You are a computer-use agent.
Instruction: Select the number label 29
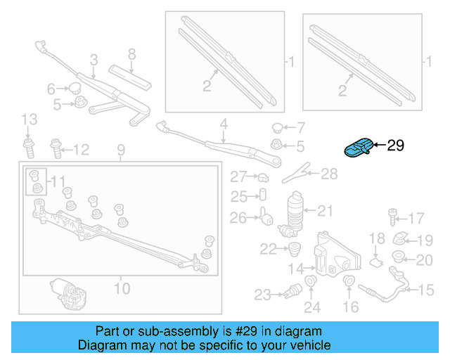pos(396,146)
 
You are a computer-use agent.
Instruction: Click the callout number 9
pos(120,150)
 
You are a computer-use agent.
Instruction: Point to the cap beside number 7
pos(278,128)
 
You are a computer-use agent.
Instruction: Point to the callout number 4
pos(224,124)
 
